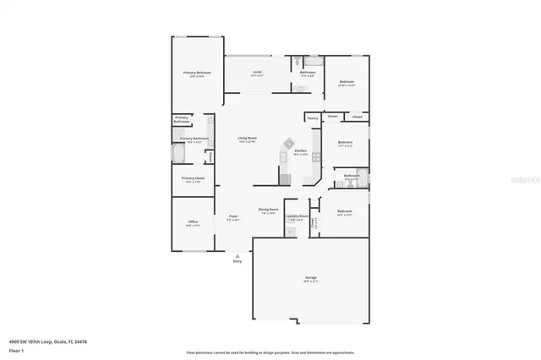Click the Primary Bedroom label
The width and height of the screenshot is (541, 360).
tap(197, 74)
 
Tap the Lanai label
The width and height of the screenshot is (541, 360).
tap(257, 73)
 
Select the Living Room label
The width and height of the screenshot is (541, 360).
tap(247, 138)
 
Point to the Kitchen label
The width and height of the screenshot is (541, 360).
tap(300, 151)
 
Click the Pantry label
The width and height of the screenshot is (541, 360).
tap(313, 119)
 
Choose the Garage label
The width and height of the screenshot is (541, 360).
tap(310, 277)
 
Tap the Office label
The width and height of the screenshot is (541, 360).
tap(193, 222)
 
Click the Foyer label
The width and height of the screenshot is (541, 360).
tap(233, 216)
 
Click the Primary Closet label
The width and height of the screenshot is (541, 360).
tap(194, 178)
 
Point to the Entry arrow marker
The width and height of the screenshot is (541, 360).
tap(238, 254)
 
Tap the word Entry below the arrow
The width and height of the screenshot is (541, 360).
tap(238, 261)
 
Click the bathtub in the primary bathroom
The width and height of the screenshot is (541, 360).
tap(179, 156)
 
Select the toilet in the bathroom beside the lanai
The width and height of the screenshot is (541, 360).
tap(298, 62)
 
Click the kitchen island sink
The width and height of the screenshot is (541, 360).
tap(287, 144)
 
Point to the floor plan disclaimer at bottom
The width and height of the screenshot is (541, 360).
tap(270, 352)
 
